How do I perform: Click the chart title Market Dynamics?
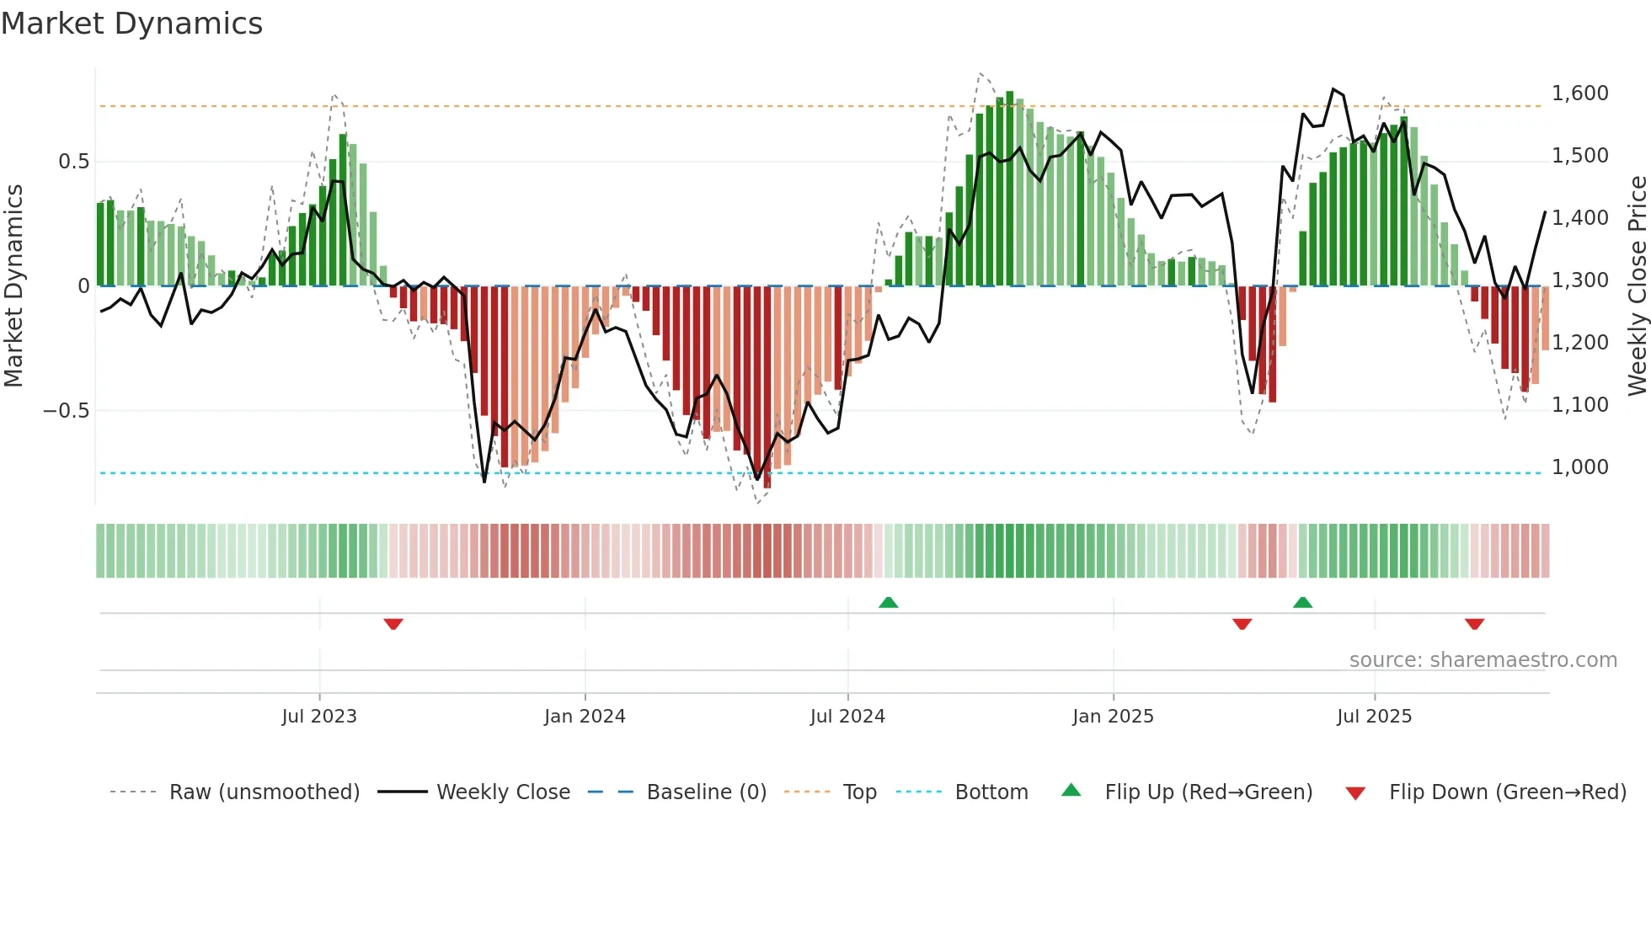pyautogui.click(x=132, y=24)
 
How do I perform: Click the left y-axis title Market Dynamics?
pyautogui.click(x=13, y=285)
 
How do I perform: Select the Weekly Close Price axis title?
pyautogui.click(x=1637, y=285)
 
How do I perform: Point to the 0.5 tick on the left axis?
pyautogui.click(x=73, y=162)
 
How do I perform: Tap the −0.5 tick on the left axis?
pyautogui.click(x=66, y=411)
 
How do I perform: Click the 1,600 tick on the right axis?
pyautogui.click(x=1579, y=93)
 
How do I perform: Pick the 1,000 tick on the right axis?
pyautogui.click(x=1579, y=467)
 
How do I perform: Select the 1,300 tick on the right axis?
pyautogui.click(x=1579, y=280)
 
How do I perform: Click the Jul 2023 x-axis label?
pyautogui.click(x=319, y=717)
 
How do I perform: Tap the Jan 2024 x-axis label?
pyautogui.click(x=585, y=717)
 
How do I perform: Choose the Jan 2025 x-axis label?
pyautogui.click(x=1113, y=717)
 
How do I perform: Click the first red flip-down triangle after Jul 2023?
pyautogui.click(x=393, y=624)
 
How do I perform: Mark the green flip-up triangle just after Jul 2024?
pyautogui.click(x=888, y=602)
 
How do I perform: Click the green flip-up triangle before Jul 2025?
pyautogui.click(x=1302, y=602)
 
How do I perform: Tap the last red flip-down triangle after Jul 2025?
pyautogui.click(x=1474, y=624)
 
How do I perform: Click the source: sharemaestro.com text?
pyautogui.click(x=1483, y=660)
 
